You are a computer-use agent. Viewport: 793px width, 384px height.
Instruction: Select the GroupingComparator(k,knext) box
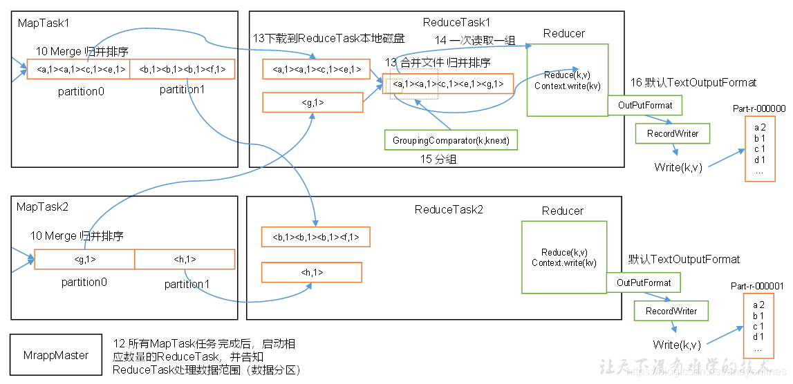pyautogui.click(x=451, y=140)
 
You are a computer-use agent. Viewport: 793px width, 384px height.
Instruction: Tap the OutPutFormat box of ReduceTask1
pyautogui.click(x=644, y=105)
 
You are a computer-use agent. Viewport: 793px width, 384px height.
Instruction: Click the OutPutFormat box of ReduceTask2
pyautogui.click(x=643, y=282)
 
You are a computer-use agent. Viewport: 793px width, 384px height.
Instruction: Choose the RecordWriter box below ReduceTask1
pyautogui.click(x=672, y=133)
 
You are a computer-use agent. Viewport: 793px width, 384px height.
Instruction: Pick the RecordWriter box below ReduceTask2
pyautogui.click(x=671, y=311)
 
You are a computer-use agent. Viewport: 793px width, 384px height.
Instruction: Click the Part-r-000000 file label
pyautogui.click(x=759, y=108)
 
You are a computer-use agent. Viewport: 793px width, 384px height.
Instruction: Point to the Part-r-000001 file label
pyautogui.click(x=757, y=286)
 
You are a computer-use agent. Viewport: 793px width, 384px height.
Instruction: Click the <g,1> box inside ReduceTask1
pyautogui.click(x=312, y=102)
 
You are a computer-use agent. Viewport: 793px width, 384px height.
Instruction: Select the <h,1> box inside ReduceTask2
pyautogui.click(x=311, y=272)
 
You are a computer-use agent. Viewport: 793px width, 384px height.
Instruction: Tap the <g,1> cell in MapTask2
pyautogui.click(x=84, y=260)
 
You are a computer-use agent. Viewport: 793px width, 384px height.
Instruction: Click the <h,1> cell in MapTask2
pyautogui.click(x=185, y=260)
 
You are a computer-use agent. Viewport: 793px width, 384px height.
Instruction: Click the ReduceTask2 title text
pyautogui.click(x=449, y=209)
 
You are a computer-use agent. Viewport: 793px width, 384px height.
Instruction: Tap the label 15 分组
pyautogui.click(x=440, y=160)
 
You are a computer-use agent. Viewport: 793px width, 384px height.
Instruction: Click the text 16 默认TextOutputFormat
pyautogui.click(x=693, y=83)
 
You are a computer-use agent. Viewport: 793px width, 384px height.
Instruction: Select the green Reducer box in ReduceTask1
pyautogui.click(x=567, y=80)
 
